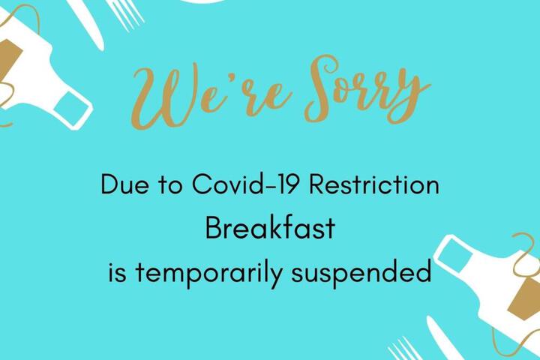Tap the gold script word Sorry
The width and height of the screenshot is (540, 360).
(x=367, y=91)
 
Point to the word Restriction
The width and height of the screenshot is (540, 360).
(x=374, y=184)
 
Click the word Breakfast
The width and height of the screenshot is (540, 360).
(x=270, y=228)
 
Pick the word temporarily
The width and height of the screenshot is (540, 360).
(x=209, y=273)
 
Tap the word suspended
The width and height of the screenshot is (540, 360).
(x=361, y=272)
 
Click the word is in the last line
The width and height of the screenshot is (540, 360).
(x=118, y=272)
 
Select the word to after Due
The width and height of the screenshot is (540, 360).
(x=170, y=185)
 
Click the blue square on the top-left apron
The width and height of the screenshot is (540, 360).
(x=71, y=106)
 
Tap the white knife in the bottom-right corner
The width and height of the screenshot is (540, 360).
(x=444, y=339)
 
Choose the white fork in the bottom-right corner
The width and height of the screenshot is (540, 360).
(x=405, y=349)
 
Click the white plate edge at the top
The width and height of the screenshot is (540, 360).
(x=202, y=1)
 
